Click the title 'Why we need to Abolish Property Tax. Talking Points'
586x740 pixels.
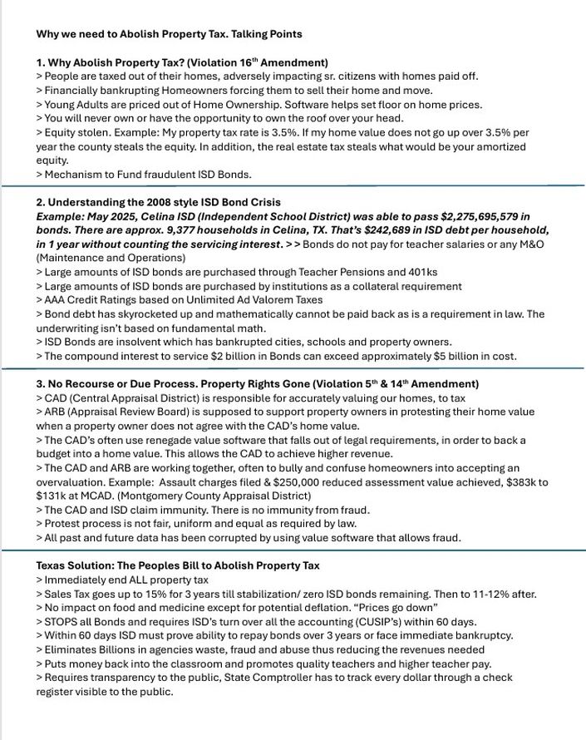pyautogui.click(x=169, y=34)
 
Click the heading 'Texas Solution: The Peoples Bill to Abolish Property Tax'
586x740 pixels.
pyautogui.click(x=178, y=565)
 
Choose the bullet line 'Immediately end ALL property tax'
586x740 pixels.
pyautogui.click(x=122, y=580)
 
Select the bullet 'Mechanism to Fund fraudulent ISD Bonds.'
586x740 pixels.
pyautogui.click(x=144, y=175)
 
